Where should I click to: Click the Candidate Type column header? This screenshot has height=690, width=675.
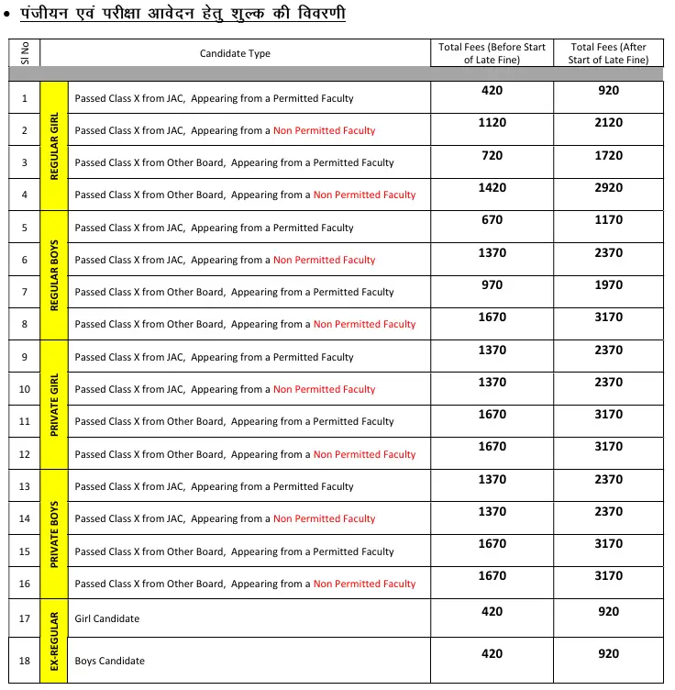tap(235, 53)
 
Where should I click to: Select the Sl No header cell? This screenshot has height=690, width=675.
tap(24, 53)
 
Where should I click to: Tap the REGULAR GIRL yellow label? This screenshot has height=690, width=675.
tap(55, 146)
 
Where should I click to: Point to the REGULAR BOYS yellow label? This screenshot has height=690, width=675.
tap(55, 275)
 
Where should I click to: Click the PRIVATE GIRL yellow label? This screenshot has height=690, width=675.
tap(55, 405)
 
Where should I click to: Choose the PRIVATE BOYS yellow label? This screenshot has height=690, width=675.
tap(55, 534)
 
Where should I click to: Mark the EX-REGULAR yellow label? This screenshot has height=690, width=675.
tap(55, 640)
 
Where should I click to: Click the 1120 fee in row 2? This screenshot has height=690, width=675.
tap(492, 123)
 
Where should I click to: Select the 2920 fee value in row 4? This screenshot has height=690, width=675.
tap(608, 188)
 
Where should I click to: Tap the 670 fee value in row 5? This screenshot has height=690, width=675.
tap(492, 220)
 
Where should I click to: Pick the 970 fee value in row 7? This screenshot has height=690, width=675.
tap(492, 285)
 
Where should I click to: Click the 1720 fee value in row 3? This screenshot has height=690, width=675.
tap(608, 156)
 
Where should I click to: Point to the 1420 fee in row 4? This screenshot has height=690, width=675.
tap(492, 188)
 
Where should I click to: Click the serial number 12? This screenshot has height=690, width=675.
tap(24, 454)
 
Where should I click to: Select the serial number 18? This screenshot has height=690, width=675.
tap(24, 661)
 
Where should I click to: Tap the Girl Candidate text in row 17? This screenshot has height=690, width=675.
tap(107, 618)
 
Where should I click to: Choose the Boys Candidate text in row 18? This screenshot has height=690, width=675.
tap(110, 661)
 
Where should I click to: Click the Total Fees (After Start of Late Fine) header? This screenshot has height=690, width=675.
tap(608, 53)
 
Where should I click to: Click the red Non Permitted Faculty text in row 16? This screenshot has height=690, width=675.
tap(364, 584)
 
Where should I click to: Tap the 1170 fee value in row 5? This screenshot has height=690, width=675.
tap(608, 220)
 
